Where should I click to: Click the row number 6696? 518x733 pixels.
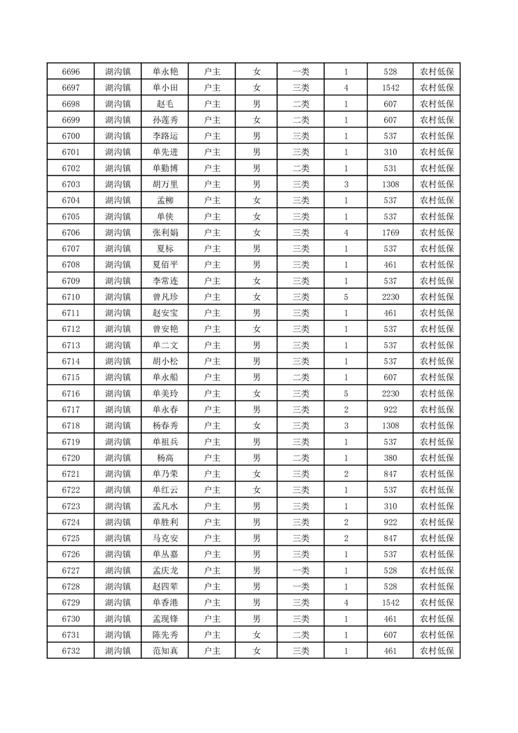71,72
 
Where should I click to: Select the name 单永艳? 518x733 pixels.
165,72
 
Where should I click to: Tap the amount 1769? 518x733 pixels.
391,233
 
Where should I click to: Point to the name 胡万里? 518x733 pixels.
165,184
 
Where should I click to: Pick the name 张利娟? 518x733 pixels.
165,233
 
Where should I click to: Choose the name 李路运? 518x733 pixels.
165,136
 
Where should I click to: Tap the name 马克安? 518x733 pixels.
165,538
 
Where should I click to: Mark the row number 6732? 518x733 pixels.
71,651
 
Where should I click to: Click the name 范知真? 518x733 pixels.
165,651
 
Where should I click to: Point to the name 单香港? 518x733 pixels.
165,602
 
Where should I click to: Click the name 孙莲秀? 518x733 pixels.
165,120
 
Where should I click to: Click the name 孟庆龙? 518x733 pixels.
165,570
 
